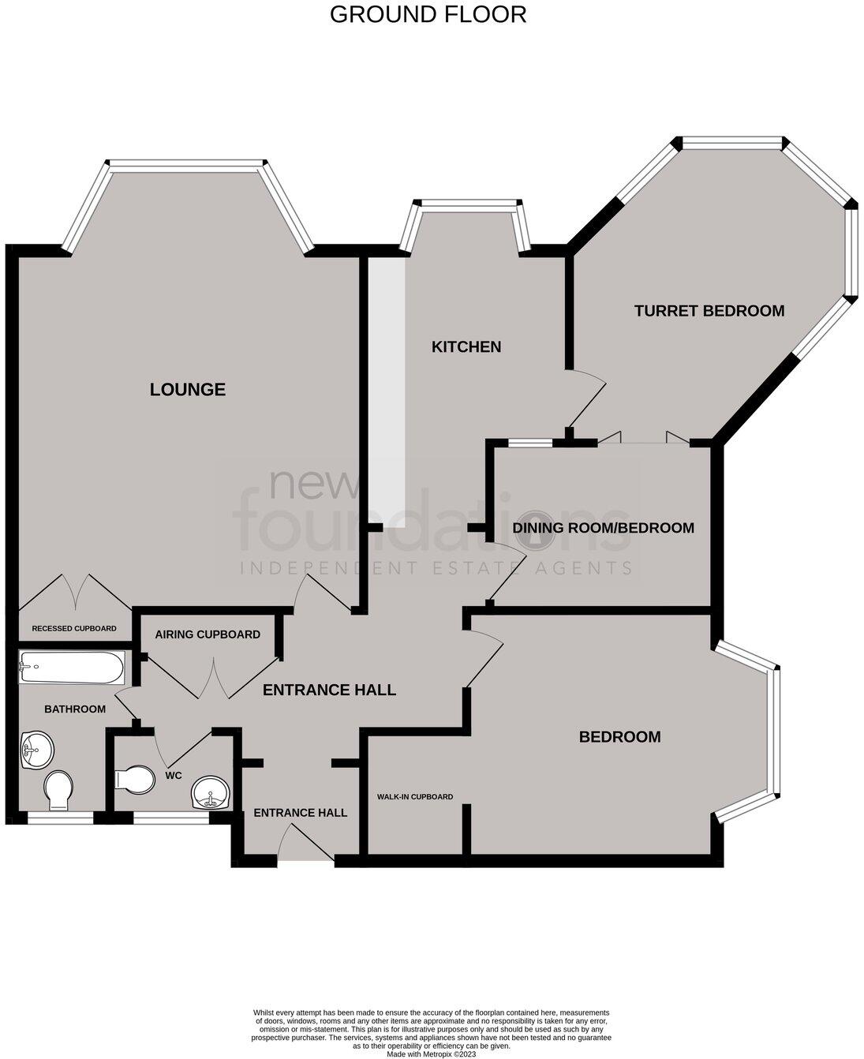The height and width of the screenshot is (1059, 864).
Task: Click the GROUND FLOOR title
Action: (428, 14)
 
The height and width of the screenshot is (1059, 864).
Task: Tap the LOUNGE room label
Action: (188, 389)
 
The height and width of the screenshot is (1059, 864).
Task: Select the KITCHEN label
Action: (466, 346)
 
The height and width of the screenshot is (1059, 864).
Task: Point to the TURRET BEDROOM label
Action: (709, 311)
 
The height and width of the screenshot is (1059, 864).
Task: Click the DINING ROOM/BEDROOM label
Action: (604, 528)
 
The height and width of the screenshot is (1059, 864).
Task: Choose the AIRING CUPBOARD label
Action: (208, 634)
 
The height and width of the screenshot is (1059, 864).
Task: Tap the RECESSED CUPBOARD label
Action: (74, 629)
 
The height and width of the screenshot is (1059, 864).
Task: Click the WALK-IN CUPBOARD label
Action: (415, 797)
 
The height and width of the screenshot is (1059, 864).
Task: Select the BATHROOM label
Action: (75, 709)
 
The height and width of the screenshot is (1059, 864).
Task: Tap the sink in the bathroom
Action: (36, 749)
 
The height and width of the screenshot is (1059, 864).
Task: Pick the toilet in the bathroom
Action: (58, 790)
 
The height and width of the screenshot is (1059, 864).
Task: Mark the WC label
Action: (174, 776)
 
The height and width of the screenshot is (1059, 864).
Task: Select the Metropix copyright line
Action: (432, 1053)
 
